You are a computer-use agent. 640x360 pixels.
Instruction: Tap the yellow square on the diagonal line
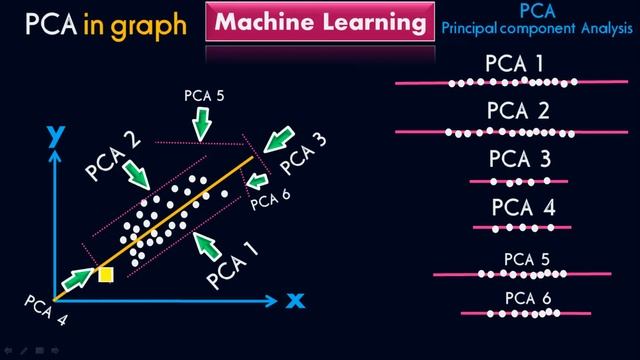(105, 273)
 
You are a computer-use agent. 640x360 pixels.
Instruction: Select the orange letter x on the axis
(294, 299)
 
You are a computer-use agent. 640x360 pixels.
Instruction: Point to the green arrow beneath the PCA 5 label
(203, 123)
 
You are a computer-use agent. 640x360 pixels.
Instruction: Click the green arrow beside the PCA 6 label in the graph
(257, 180)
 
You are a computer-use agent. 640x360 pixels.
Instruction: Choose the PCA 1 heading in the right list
(514, 64)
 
